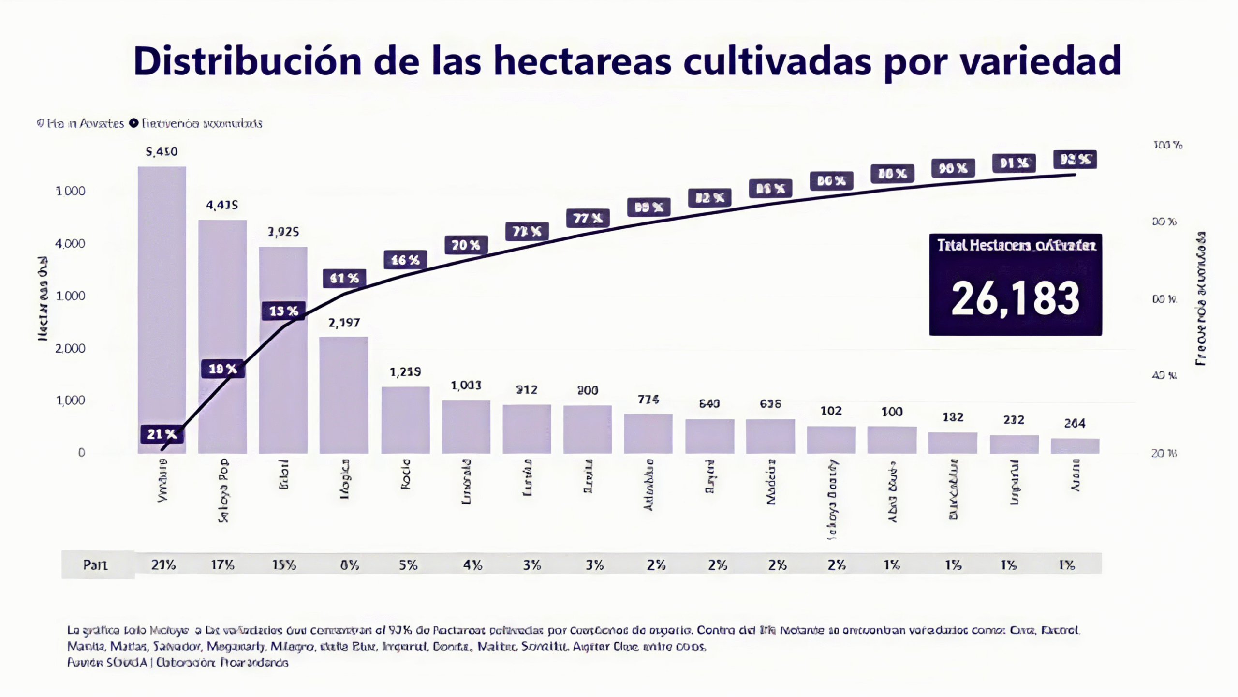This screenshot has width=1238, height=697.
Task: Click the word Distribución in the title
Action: [x=247, y=61]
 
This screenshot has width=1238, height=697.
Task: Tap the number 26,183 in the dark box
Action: [x=1015, y=299]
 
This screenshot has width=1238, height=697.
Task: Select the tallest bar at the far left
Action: [x=162, y=310]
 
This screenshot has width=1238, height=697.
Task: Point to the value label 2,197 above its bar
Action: [x=344, y=323]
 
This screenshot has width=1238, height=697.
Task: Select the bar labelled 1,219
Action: [x=405, y=419]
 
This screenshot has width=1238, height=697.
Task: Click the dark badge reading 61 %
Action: [x=344, y=278]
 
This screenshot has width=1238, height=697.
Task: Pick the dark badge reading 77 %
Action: [x=588, y=219]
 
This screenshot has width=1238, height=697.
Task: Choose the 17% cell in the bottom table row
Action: [x=222, y=564]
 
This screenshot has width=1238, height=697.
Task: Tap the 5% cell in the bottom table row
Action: [x=408, y=564]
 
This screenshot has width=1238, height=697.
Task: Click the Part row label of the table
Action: [x=95, y=564]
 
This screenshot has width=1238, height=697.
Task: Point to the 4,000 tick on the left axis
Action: [x=70, y=243]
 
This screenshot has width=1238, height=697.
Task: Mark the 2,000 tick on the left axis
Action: [x=70, y=348]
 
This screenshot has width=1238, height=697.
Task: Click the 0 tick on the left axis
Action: [x=81, y=453]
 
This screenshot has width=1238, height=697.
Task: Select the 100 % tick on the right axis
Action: [x=1167, y=145]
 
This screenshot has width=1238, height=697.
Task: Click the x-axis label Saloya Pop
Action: [x=223, y=490]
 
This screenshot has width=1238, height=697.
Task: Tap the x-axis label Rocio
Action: [x=406, y=474]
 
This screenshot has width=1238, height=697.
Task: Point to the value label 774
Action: [x=648, y=400]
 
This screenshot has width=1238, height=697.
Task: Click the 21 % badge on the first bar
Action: [x=162, y=434]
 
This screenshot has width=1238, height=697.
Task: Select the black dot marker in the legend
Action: [x=133, y=123]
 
